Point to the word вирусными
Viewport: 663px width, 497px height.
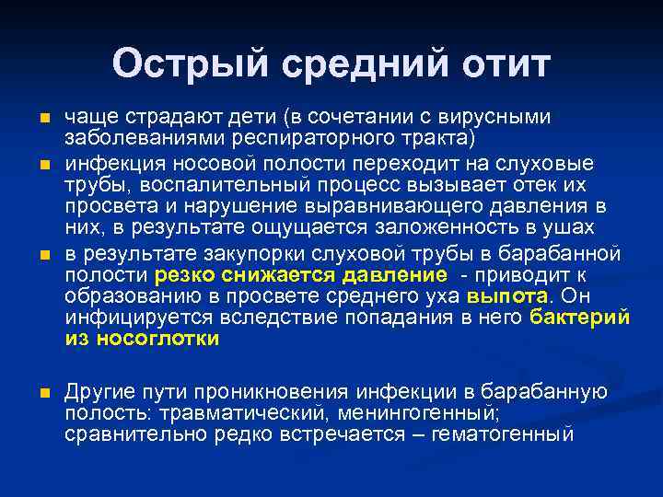point(502,117)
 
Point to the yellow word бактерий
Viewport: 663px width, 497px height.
point(580,318)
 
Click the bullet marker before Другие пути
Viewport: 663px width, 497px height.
point(42,393)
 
